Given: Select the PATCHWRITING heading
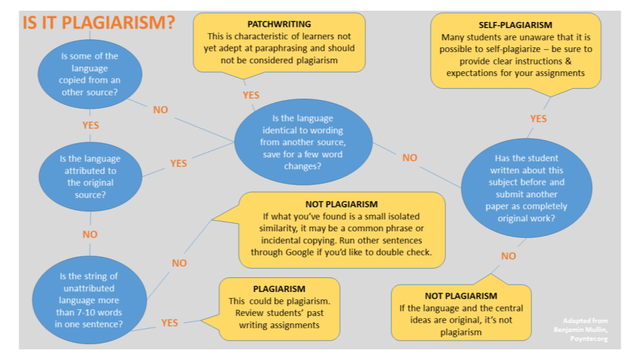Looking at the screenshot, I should coord(279,24).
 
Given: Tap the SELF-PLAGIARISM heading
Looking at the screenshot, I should coord(515,24).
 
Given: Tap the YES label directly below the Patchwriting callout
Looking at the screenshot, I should coord(251,95).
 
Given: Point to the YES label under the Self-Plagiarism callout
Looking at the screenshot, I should coord(539,119).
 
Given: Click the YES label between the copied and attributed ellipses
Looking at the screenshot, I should coord(91,125).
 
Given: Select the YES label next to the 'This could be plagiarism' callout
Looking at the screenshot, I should coord(170,323).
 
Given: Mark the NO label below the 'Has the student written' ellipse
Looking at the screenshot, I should coord(509,256).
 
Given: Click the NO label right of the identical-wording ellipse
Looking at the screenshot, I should coord(409,158).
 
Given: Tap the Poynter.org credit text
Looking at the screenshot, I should coord(588,337).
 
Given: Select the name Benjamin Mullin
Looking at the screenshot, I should coord(585,329).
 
